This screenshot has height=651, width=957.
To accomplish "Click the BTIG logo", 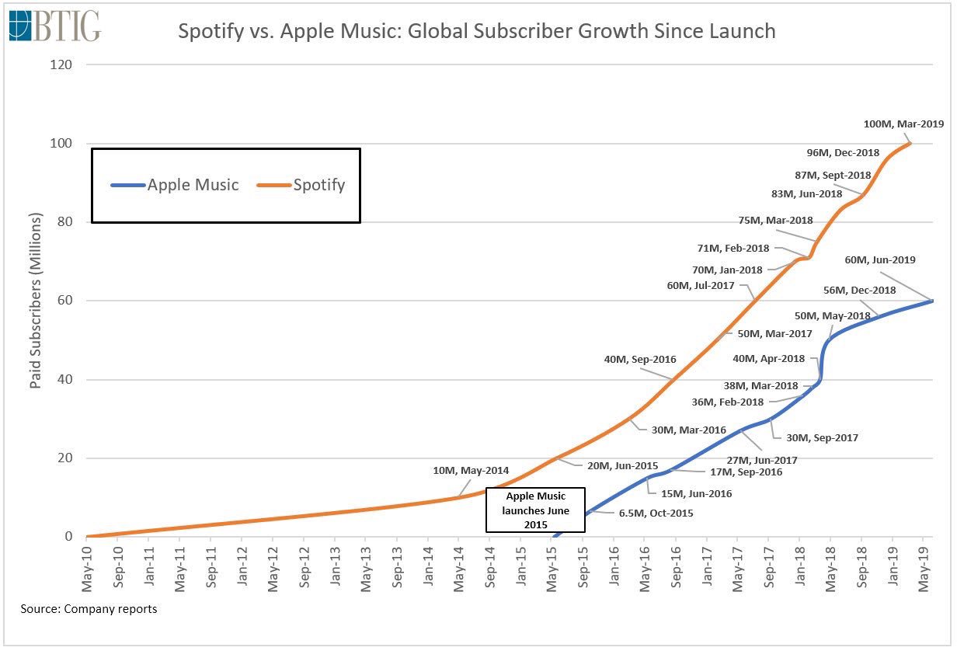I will click(55, 26).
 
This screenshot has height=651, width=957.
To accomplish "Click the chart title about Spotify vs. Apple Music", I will click(477, 31).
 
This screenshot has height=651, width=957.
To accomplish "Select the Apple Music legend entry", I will click(175, 185).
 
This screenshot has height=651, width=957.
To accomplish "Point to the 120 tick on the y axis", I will click(61, 64).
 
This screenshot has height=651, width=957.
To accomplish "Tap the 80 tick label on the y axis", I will click(64, 222).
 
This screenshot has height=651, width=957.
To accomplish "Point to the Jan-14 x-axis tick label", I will click(428, 563).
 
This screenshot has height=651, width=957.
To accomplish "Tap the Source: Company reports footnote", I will click(89, 608).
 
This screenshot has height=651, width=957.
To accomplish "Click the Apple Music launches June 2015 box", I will click(537, 510).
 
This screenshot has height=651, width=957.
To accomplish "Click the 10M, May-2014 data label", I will click(472, 470).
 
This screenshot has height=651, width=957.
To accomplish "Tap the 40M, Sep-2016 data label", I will click(640, 360).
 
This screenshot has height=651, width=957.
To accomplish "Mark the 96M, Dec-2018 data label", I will click(843, 152).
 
